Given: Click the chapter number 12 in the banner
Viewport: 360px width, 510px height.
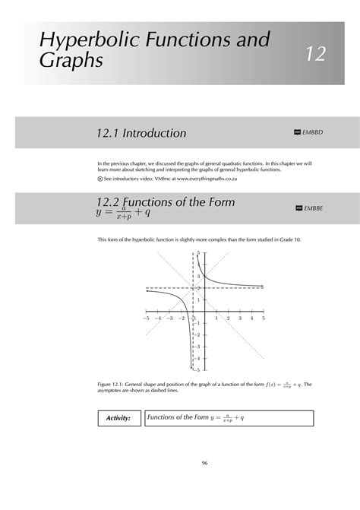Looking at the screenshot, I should tap(315, 54).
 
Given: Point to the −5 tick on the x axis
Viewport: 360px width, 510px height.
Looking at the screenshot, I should tap(146, 318).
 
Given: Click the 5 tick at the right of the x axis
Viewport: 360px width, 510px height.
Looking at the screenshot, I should tap(264, 318).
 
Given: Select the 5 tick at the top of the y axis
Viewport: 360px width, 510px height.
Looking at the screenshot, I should tap(198, 253).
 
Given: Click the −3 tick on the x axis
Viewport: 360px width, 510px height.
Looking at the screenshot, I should tap(169, 318).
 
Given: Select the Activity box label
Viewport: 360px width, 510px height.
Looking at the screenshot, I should tap(119, 418).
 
